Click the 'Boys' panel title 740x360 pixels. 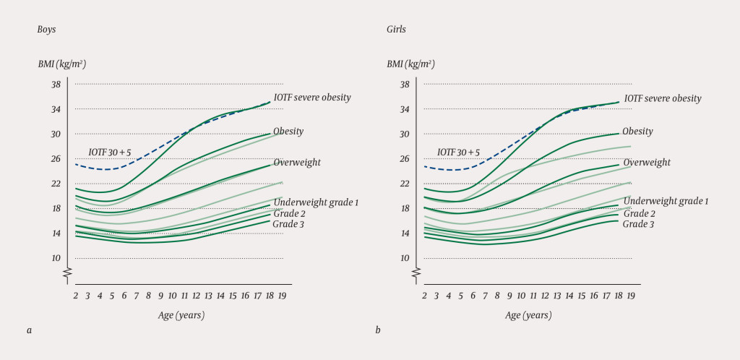(x=48, y=30)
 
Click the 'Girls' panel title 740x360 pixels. (x=396, y=30)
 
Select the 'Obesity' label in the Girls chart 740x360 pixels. (x=637, y=132)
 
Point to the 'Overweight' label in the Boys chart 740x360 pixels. (x=297, y=163)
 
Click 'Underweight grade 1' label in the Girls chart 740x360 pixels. (x=666, y=201)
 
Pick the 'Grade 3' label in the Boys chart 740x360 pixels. (x=289, y=225)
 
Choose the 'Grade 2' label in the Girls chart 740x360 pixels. (x=639, y=213)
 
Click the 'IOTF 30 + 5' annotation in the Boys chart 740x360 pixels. (x=110, y=153)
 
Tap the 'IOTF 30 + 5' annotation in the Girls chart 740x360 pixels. (x=459, y=153)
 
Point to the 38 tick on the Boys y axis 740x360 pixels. (x=55, y=85)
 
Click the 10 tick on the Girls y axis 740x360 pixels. (x=405, y=258)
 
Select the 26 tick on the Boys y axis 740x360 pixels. (x=55, y=159)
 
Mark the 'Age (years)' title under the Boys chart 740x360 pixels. (x=181, y=315)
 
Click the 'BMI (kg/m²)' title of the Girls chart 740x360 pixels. (x=410, y=64)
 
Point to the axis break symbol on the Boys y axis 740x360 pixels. (x=67, y=273)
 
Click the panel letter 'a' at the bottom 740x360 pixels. (x=30, y=330)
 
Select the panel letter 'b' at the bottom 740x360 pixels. (x=378, y=330)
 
